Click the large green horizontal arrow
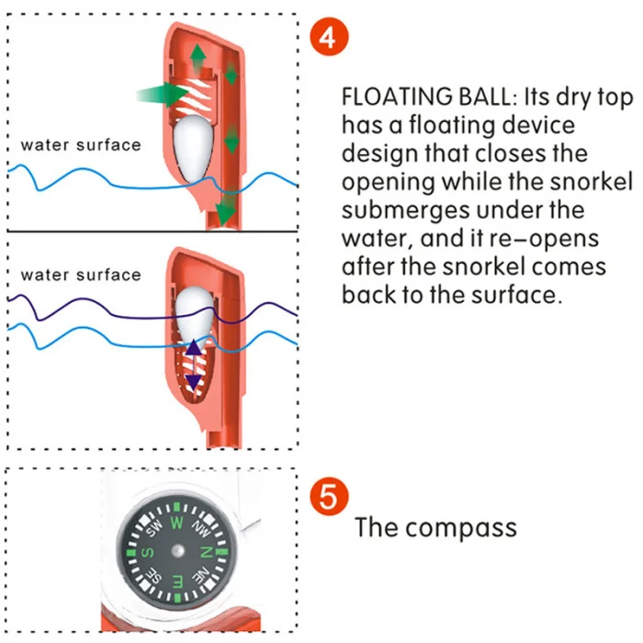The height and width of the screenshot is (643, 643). [162, 94]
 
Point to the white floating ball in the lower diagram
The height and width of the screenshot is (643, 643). [195, 312]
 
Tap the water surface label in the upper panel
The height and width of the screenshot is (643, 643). [81, 145]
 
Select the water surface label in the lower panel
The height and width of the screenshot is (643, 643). [81, 275]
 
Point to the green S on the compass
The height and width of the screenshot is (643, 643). [147, 551]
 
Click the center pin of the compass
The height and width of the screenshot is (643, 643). [176, 552]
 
